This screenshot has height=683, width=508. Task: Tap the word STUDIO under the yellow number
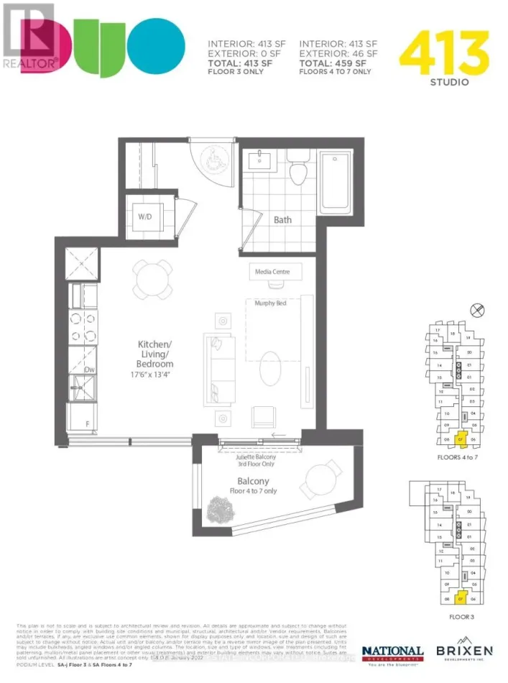point(451,82)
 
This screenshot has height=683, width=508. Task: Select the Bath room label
point(282,219)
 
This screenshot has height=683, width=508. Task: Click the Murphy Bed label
point(271,303)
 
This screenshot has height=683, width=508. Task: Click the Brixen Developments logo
point(465,652)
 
